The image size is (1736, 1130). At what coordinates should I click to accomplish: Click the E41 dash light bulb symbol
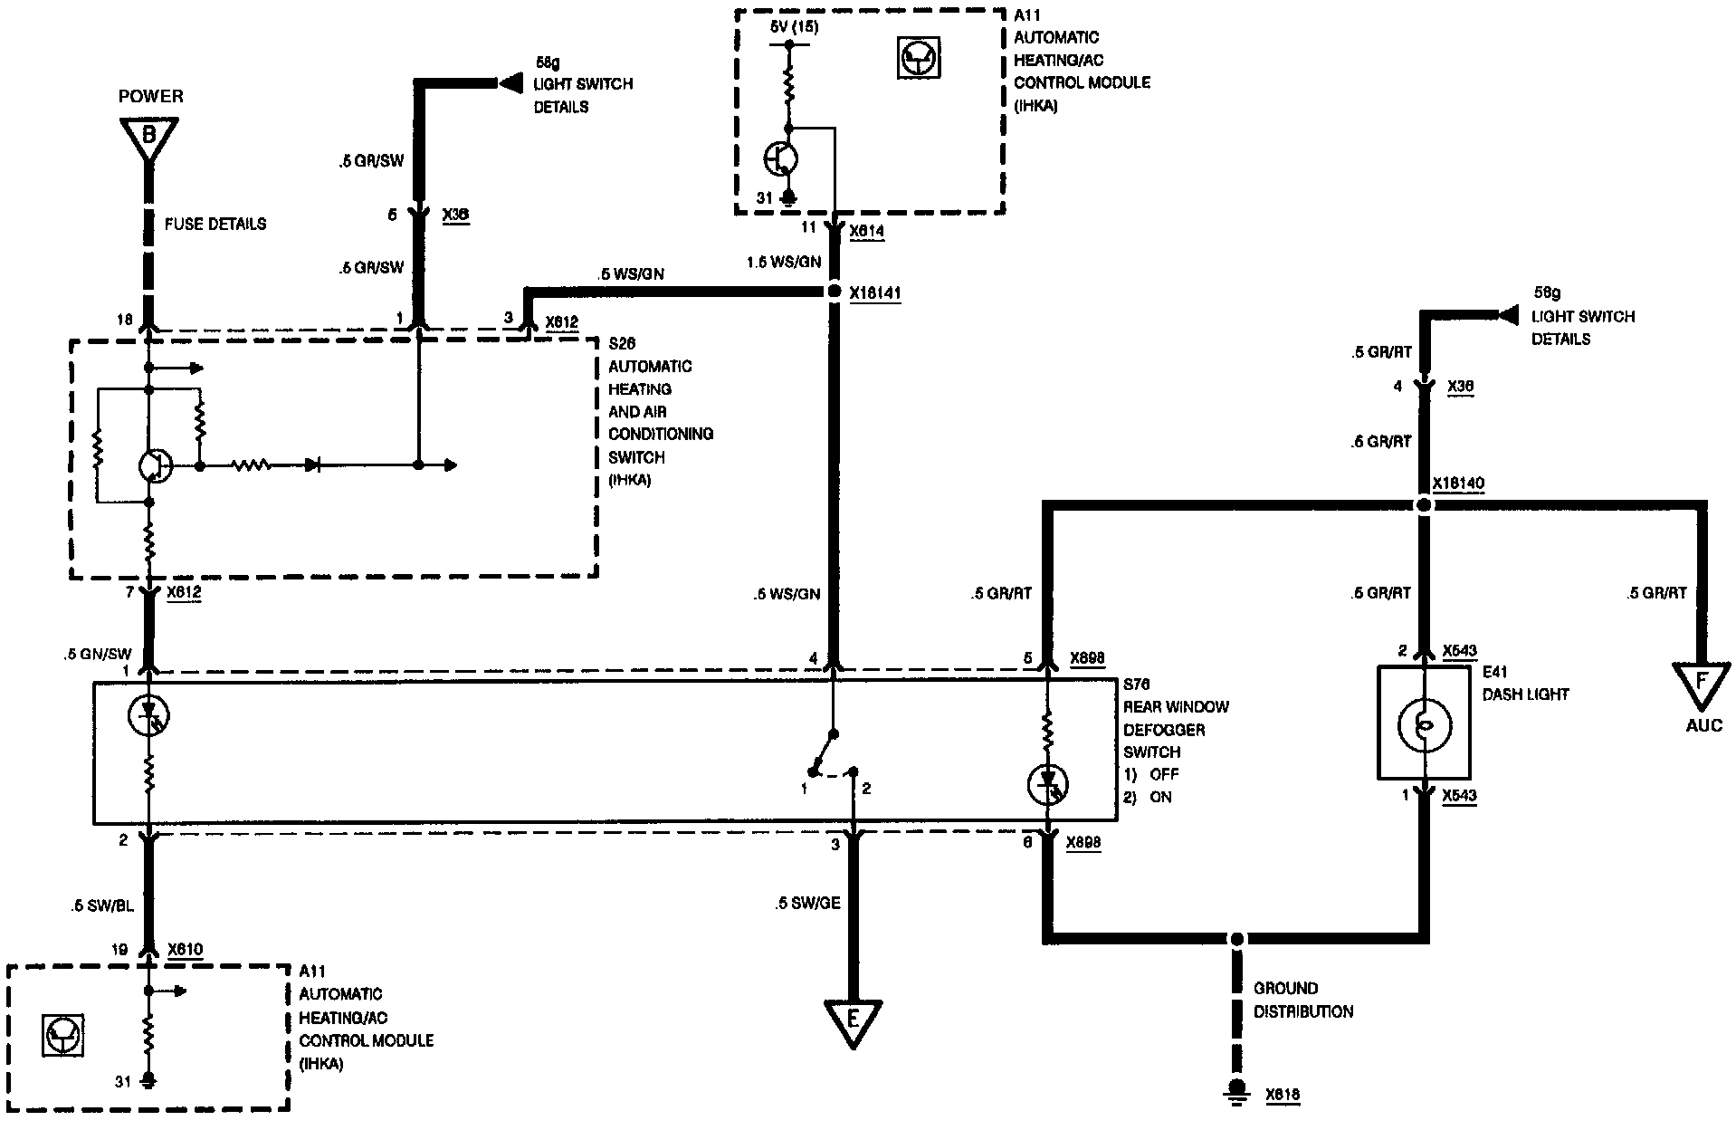coord(1425,724)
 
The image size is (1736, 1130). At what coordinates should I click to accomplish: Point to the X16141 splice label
coord(875,293)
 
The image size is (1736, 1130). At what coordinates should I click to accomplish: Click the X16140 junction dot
coord(1424,505)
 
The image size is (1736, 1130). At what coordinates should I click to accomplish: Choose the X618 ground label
coord(1283,1096)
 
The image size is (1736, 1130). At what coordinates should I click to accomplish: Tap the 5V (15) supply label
coord(794,26)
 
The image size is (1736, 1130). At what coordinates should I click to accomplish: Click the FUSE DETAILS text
coord(215,224)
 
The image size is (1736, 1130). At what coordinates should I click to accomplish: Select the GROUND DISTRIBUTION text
coord(1303,1000)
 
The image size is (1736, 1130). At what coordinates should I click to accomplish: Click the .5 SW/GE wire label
coord(807,903)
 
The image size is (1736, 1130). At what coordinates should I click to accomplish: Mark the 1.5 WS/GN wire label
coord(784,262)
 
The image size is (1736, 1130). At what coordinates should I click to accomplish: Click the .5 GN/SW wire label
coord(98,654)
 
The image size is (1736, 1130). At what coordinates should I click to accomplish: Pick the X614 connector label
coord(867,232)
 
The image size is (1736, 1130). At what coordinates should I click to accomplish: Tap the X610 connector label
coord(186,951)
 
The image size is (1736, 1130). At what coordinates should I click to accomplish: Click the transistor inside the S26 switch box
coord(155,465)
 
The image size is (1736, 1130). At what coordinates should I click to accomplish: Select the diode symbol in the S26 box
coord(313,465)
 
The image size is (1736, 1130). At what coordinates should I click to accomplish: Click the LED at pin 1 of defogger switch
coord(150,715)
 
